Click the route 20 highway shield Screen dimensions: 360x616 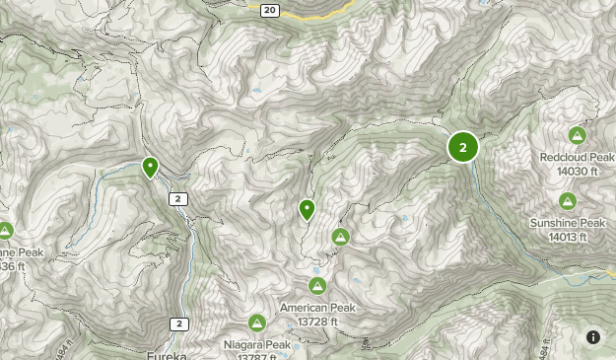tap(271, 9)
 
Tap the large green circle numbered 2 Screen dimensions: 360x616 tap(462, 147)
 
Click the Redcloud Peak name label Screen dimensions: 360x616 tap(577, 157)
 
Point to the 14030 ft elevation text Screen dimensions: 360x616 tap(577, 171)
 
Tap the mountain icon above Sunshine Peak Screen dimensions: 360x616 tap(567, 201)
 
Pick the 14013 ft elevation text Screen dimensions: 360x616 tap(568, 237)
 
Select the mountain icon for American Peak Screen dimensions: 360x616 tap(317, 286)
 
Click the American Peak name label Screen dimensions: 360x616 tap(316, 308)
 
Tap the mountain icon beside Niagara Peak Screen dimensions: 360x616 tap(257, 323)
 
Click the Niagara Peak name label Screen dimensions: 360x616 tap(256, 344)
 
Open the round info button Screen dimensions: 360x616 tap(593, 337)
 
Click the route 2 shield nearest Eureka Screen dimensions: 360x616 tap(178, 324)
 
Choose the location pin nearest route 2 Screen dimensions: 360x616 tap(150, 167)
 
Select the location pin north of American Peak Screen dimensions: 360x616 tap(307, 208)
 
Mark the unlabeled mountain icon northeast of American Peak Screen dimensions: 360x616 tap(340, 237)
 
